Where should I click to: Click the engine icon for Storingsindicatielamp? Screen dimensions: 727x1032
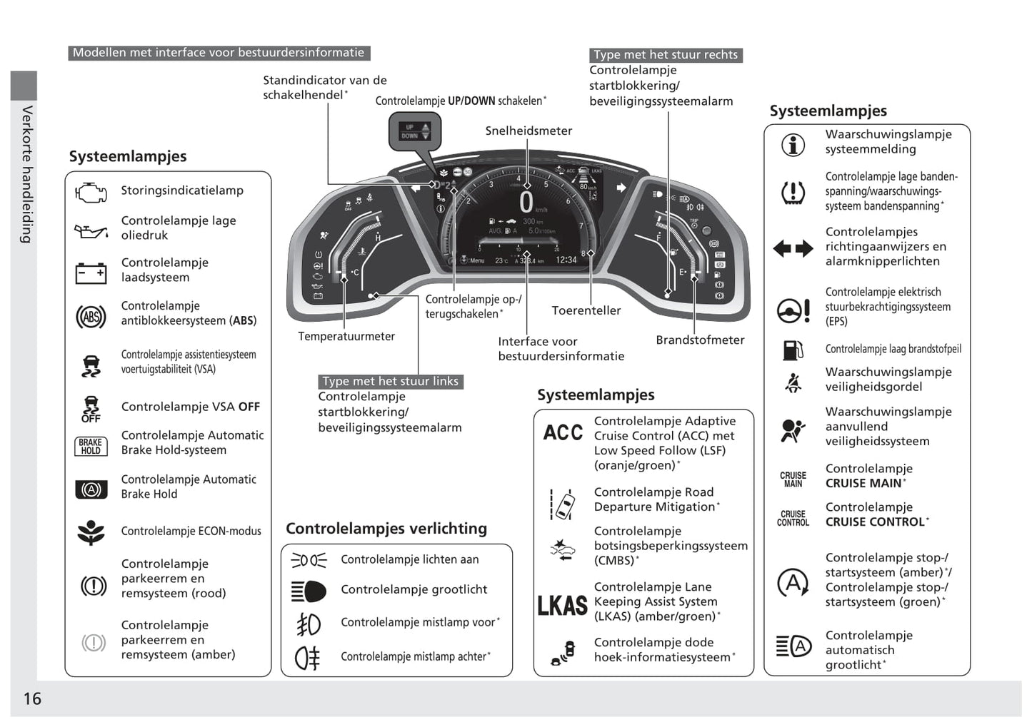pyautogui.click(x=91, y=192)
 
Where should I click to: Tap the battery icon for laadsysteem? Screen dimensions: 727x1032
pyautogui.click(x=91, y=273)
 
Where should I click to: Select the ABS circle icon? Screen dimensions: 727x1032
pyautogui.click(x=91, y=316)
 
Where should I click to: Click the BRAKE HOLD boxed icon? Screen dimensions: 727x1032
pyautogui.click(x=91, y=447)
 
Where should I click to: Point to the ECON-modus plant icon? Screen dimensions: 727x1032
pyautogui.click(x=91, y=532)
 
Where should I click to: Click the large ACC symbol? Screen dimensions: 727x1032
pyautogui.click(x=563, y=433)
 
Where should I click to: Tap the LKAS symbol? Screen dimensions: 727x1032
pyautogui.click(x=563, y=605)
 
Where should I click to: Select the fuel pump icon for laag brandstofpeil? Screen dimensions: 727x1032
pyautogui.click(x=793, y=350)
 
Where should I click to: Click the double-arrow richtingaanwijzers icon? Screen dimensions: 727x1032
pyautogui.click(x=793, y=248)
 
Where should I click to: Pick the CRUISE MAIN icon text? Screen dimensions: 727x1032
pyautogui.click(x=793, y=479)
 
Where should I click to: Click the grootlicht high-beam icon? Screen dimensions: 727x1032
pyautogui.click(x=309, y=591)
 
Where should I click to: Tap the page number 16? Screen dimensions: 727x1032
pyautogui.click(x=32, y=698)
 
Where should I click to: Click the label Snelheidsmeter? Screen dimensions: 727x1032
pyautogui.click(x=528, y=131)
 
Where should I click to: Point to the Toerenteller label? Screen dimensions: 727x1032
pyautogui.click(x=586, y=310)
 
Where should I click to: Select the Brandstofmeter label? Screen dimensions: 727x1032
pyautogui.click(x=700, y=340)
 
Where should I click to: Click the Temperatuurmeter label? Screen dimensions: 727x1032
pyautogui.click(x=346, y=336)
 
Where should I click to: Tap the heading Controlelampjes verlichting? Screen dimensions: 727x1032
pyautogui.click(x=386, y=529)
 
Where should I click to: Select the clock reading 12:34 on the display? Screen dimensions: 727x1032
pyautogui.click(x=566, y=260)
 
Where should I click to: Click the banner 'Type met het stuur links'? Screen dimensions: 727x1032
pyautogui.click(x=390, y=382)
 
